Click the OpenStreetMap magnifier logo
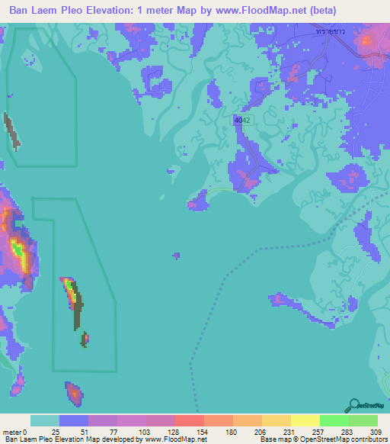pos(353,405)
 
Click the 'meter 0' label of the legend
pos(13,433)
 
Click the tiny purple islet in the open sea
pos(177,256)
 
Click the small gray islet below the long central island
pos(85,338)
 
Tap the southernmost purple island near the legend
pos(74,394)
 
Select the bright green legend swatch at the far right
pos(363,420)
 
